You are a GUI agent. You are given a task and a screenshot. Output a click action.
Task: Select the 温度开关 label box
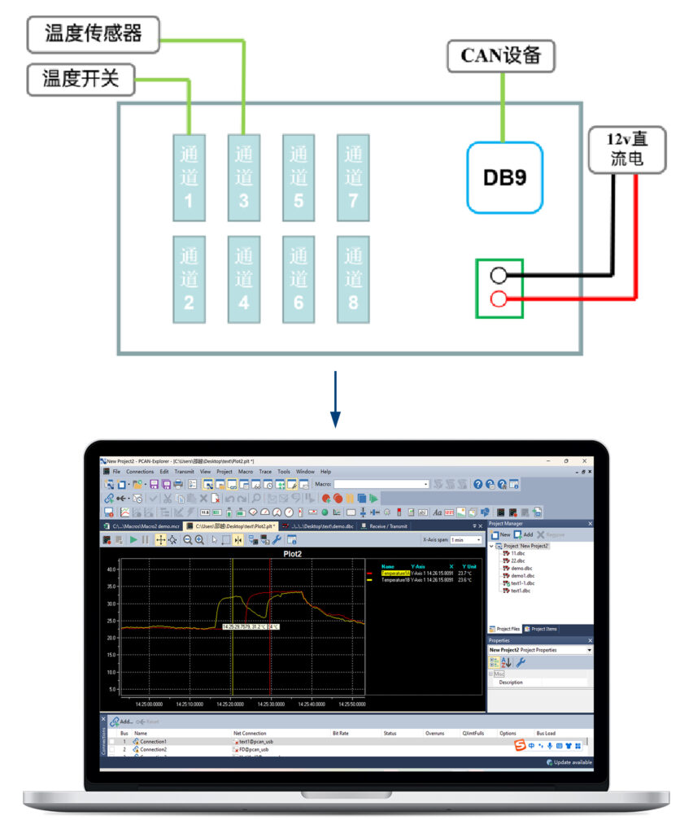(x=81, y=78)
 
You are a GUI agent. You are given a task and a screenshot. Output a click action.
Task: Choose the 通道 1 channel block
(x=189, y=176)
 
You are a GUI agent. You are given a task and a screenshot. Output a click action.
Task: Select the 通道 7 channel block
(x=353, y=176)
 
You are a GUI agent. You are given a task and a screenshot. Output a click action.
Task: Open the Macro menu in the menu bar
(x=245, y=472)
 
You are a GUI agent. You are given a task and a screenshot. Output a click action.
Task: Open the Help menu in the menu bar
(x=325, y=472)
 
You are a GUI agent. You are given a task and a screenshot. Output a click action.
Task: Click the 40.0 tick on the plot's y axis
(x=111, y=569)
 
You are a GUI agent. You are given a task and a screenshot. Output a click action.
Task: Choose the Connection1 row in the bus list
(x=153, y=742)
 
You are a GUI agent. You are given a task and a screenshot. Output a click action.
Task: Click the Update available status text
(x=571, y=762)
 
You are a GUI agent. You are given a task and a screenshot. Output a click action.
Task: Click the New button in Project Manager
(x=501, y=534)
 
